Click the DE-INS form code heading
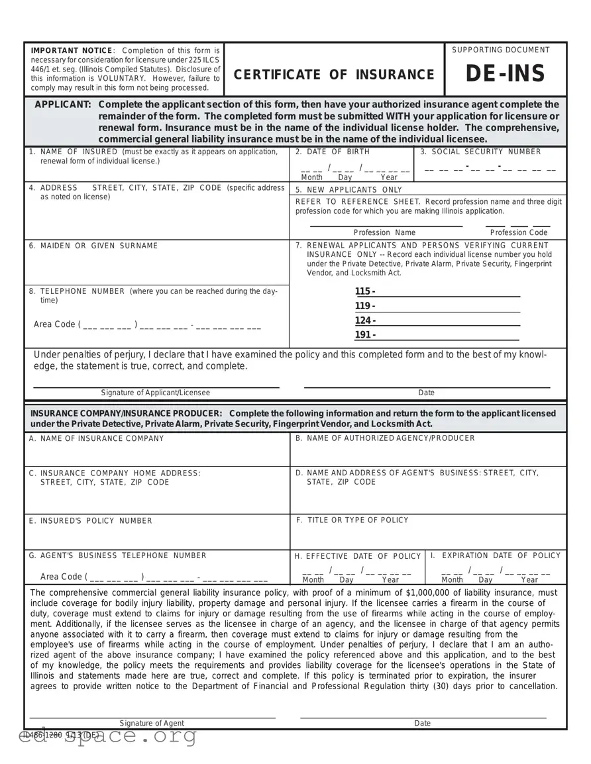pos(505,74)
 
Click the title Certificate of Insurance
pos(334,75)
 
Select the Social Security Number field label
pos(481,152)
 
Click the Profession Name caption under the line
pos(384,232)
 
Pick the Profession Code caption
pos(518,232)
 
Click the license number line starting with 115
pos(437,292)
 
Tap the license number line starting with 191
pos(437,335)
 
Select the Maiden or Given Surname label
pos(93,246)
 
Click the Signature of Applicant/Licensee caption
pos(155,393)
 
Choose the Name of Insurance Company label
pos(97,438)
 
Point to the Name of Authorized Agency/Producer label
pos(385,438)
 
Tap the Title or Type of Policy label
pos(352,520)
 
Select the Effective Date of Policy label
pos(358,556)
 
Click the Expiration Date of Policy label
pos(495,555)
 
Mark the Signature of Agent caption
pos(152,723)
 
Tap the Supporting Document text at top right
pos(500,50)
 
